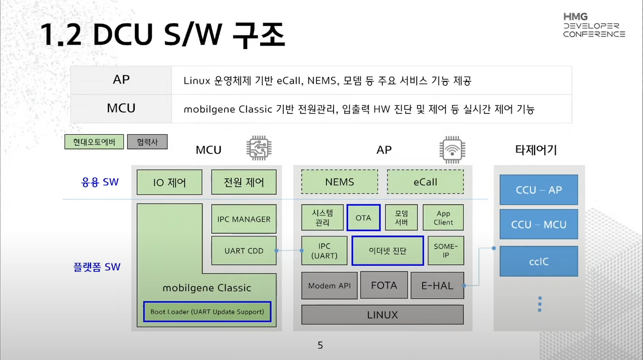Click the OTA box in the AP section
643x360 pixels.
363,217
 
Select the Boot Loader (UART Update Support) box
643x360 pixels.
207,312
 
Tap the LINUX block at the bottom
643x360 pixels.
382,315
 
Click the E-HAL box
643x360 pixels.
437,286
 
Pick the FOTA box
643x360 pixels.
384,286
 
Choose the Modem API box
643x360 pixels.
330,286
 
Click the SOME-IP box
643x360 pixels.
446,251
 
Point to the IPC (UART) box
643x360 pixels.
324,251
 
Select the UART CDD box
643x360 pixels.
244,251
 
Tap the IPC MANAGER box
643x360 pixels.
244,219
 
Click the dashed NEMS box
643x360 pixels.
340,182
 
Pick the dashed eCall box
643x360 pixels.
425,182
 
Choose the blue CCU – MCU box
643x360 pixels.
539,225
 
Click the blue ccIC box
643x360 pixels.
539,261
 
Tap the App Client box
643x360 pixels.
443,217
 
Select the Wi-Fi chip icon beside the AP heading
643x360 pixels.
452,149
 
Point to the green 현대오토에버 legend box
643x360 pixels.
94,142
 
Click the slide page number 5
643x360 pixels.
320,345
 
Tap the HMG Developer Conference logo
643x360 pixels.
593,26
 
